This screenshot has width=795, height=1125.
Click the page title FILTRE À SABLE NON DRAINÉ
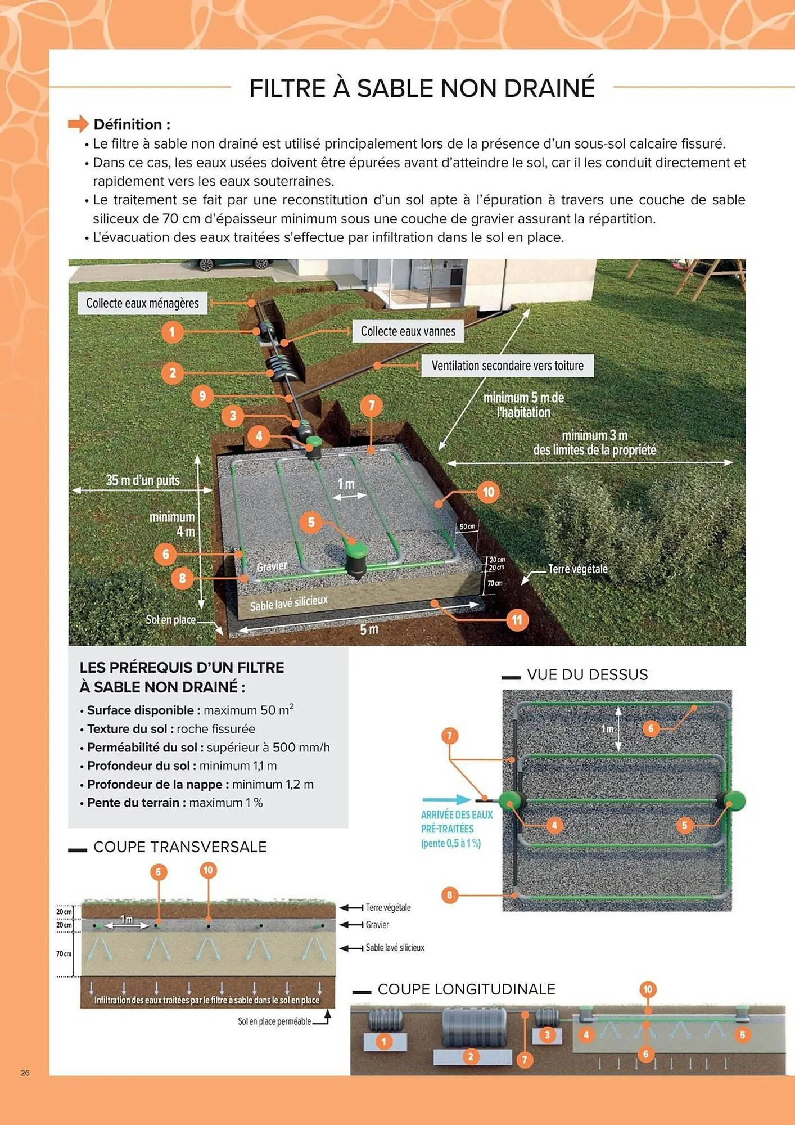[422, 88]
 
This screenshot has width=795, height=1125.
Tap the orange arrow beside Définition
[79, 123]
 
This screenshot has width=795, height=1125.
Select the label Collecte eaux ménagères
[142, 303]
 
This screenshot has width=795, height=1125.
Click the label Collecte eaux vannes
[408, 331]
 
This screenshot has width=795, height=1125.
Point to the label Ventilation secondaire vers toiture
[507, 366]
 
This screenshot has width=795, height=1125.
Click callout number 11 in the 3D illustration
[517, 620]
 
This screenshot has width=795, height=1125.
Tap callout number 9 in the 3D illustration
[202, 396]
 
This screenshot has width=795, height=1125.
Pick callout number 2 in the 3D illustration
[173, 373]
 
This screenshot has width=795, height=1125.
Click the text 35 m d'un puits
[143, 480]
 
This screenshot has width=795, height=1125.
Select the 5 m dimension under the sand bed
[369, 629]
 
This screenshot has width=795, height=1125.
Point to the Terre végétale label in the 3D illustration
[577, 569]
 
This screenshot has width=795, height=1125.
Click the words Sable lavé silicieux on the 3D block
[288, 603]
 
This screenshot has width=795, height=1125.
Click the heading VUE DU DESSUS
[587, 675]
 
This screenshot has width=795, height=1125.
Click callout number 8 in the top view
[449, 895]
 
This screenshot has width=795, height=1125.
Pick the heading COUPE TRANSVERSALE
[180, 847]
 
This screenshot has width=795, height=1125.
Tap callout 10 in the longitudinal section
[648, 989]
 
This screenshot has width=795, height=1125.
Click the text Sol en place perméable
[274, 1021]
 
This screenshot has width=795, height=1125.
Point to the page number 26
[25, 1073]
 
